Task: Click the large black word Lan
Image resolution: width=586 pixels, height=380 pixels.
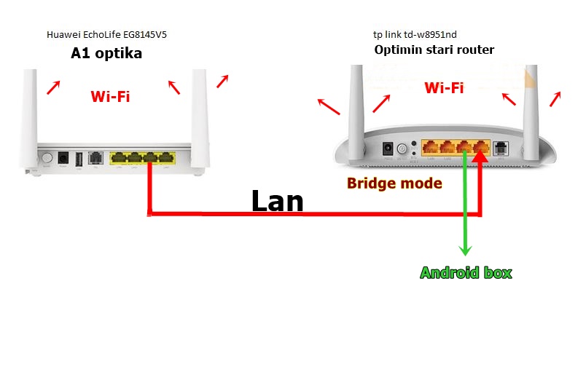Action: click(x=277, y=201)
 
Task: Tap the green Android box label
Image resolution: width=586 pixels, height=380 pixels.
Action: click(x=466, y=273)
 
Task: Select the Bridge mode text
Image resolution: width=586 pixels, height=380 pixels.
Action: click(x=394, y=183)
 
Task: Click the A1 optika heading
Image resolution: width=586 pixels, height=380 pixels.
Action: click(x=106, y=53)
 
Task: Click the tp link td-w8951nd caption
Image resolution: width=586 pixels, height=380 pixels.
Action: click(x=415, y=34)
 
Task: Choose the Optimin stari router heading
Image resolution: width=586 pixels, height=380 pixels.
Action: click(x=434, y=50)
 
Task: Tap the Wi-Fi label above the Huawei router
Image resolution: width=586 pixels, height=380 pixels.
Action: click(x=110, y=96)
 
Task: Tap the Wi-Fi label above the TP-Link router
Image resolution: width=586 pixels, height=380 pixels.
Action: click(x=444, y=88)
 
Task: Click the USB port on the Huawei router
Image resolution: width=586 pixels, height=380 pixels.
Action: click(x=78, y=158)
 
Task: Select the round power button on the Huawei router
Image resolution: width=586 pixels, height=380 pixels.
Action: click(x=47, y=158)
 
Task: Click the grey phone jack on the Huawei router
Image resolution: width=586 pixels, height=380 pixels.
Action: click(x=95, y=157)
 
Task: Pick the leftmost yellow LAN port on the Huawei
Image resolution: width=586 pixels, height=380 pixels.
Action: click(x=118, y=157)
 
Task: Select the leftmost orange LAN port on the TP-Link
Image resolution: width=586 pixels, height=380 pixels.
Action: click(x=430, y=149)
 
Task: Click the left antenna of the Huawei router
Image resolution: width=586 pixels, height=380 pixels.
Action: click(x=30, y=116)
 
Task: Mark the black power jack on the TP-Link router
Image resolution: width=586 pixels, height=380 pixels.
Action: click(x=387, y=149)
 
